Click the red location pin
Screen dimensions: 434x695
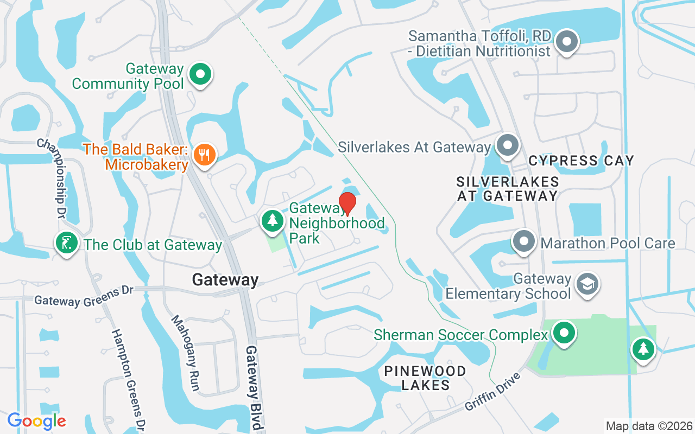347,203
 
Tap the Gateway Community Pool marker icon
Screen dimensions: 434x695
200,74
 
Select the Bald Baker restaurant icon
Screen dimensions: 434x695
204,155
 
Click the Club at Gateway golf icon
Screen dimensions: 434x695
67,244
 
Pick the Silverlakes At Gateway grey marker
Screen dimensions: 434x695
508,146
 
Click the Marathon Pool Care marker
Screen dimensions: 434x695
524,242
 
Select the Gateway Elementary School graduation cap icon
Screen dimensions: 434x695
587,284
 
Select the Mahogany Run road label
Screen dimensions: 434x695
186,353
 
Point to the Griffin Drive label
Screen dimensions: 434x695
493,391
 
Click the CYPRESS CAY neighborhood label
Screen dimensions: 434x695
581,161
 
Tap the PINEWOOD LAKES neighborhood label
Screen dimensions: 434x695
425,378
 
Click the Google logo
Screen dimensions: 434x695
37,421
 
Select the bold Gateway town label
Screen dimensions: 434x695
225,280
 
